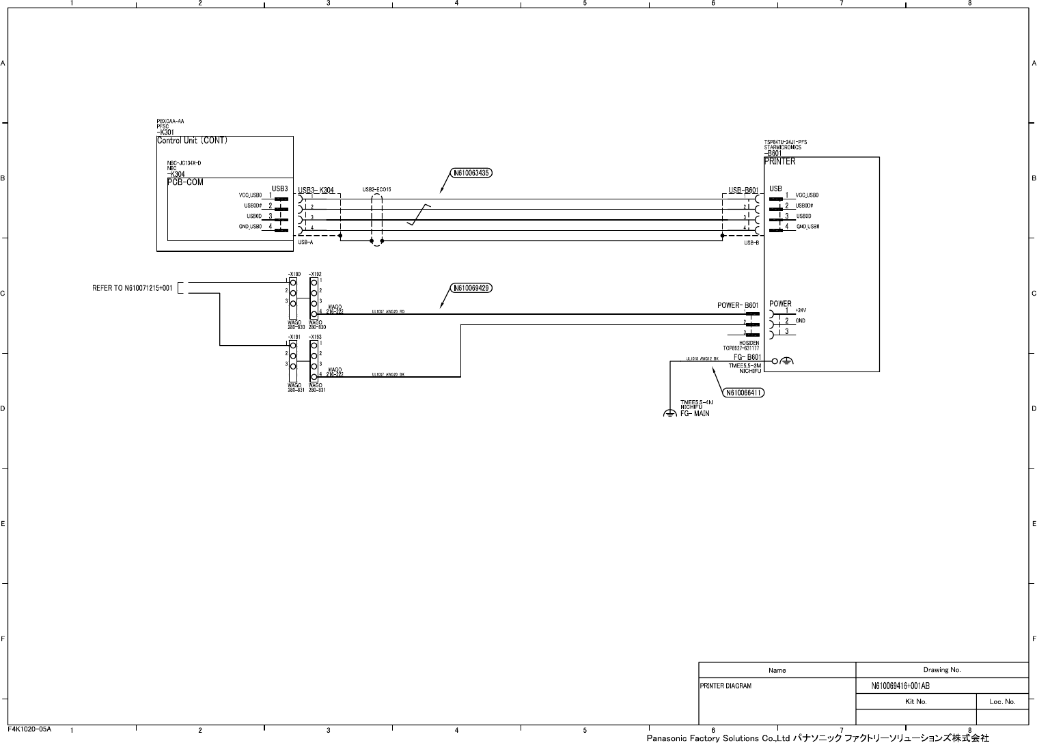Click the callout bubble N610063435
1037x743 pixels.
tap(471, 173)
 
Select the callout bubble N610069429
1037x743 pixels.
tap(471, 288)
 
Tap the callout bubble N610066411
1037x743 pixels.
tap(743, 393)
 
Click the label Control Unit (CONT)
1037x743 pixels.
tap(192, 141)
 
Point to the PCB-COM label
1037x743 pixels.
tap(185, 182)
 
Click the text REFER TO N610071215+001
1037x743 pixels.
tap(133, 288)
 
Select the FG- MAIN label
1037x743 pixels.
tap(695, 413)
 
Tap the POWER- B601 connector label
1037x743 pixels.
tap(738, 305)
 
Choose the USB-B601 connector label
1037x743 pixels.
tap(743, 191)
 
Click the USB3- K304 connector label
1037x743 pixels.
tap(316, 191)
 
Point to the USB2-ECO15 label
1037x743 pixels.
tap(376, 189)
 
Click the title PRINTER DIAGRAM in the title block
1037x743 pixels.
tap(725, 686)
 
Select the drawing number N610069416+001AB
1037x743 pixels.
tap(900, 686)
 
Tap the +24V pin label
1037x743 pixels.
tap(801, 310)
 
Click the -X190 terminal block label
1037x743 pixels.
tap(294, 274)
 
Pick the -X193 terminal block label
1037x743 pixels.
tap(315, 337)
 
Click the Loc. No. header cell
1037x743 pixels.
tap(1002, 701)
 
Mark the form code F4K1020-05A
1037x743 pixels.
tap(29, 729)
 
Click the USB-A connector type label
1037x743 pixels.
tap(305, 242)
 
